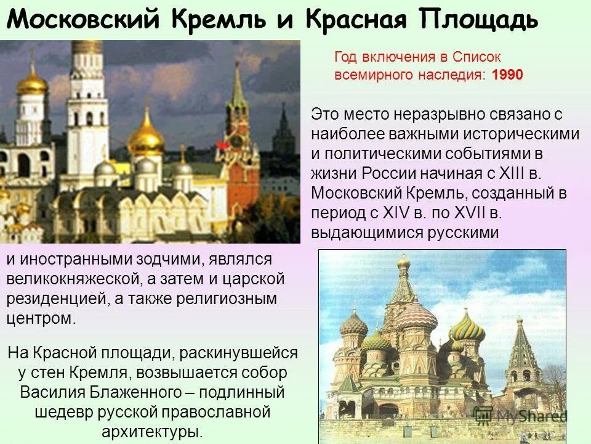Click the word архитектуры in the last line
(x=148, y=430)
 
